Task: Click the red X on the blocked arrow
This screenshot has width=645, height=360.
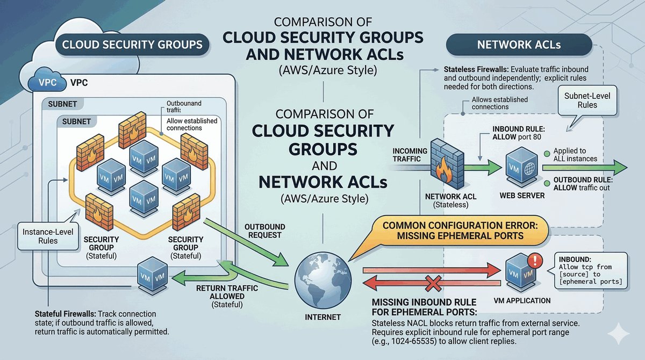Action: point(433,282)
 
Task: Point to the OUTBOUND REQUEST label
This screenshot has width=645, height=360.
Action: point(264,231)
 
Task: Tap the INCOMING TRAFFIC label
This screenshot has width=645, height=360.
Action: point(410,155)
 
